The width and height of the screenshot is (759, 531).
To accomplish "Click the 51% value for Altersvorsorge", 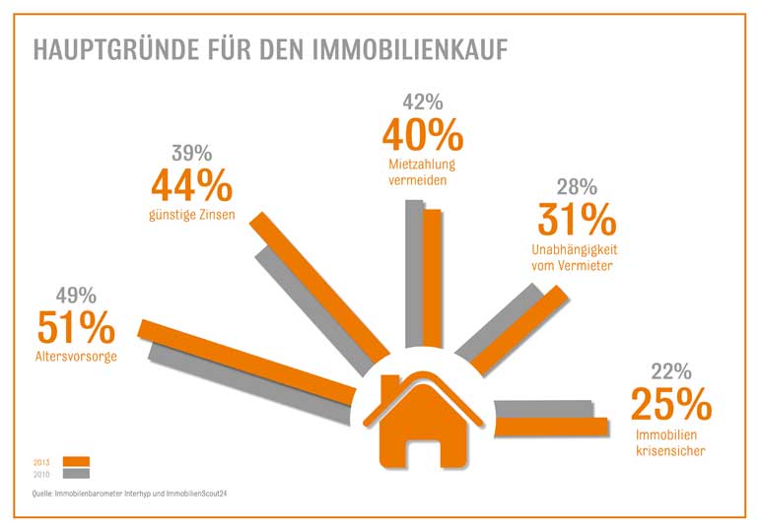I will click(76, 328).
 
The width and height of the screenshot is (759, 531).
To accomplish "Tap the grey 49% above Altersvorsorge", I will click(76, 295).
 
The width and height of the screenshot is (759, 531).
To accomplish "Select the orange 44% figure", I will click(191, 185).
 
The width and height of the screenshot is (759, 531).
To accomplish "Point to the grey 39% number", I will click(191, 153).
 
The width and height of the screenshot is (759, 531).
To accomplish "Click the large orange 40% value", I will click(422, 135).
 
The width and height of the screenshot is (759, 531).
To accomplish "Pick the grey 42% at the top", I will click(423, 101).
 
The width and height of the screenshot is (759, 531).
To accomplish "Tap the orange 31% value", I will click(577, 219).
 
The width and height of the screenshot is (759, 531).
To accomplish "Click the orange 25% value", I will click(671, 404).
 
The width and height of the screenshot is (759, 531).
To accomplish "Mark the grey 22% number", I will click(671, 371).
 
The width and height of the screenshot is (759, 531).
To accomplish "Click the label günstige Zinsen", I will click(192, 213).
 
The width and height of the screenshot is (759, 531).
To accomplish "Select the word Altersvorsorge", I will click(77, 356).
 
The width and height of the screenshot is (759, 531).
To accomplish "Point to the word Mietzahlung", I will click(422, 163).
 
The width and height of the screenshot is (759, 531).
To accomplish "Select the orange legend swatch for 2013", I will click(76, 461).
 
